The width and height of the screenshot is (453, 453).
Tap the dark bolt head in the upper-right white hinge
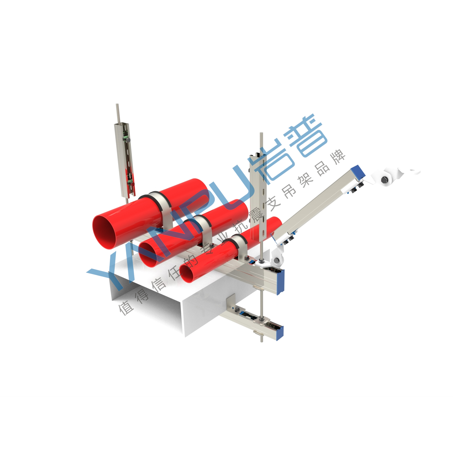click(x=384, y=180)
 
